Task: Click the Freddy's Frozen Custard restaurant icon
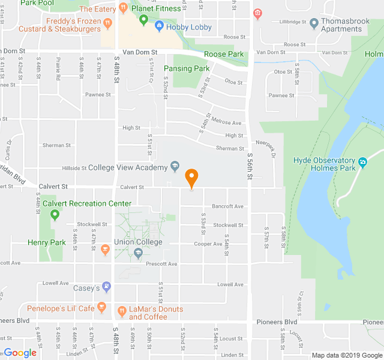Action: (108, 23)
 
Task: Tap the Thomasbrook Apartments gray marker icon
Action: (313, 23)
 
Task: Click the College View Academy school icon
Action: (175, 165)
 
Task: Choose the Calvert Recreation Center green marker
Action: (55, 215)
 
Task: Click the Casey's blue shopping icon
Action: (106, 287)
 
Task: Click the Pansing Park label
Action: (191, 69)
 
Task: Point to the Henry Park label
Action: (46, 243)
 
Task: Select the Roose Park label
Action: (224, 55)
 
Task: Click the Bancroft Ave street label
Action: (227, 206)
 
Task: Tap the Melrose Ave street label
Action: (229, 123)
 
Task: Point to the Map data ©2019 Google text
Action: (346, 355)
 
